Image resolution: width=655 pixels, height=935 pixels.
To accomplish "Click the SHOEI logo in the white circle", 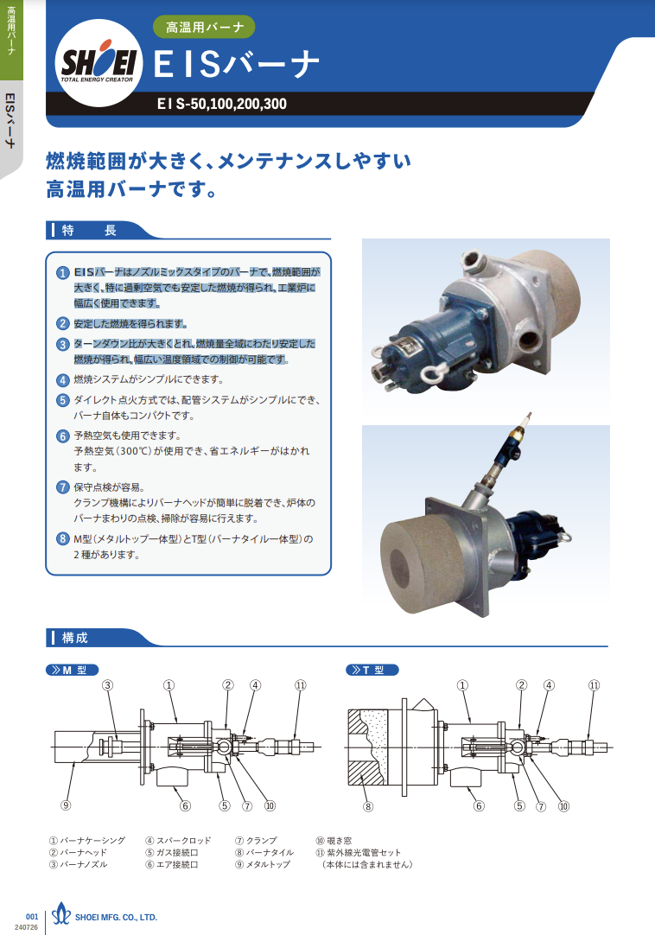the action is click(x=99, y=62).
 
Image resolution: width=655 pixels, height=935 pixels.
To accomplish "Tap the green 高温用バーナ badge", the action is click(x=204, y=27).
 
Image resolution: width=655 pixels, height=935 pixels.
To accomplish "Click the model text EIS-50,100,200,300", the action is click(x=222, y=104).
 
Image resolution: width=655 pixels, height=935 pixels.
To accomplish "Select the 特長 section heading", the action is click(x=89, y=230).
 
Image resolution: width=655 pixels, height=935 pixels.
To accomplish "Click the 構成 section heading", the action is click(x=74, y=638).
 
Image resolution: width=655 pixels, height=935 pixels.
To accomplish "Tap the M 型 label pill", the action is click(x=73, y=671).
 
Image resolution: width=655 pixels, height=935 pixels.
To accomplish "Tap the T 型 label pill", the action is click(x=372, y=671).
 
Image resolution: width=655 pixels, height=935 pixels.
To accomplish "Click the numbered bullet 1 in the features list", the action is click(x=63, y=272).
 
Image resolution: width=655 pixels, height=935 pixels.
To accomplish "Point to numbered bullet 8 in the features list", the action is click(x=63, y=539).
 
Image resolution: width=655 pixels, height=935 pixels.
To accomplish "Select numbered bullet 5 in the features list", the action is click(x=63, y=400).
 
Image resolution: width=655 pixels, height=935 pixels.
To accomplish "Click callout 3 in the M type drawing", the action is click(x=108, y=685).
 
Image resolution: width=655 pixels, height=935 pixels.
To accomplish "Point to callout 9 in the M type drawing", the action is click(x=66, y=805).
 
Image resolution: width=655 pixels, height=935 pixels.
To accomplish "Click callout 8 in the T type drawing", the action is click(x=368, y=806).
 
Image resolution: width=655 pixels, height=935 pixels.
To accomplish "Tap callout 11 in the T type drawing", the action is click(x=595, y=685).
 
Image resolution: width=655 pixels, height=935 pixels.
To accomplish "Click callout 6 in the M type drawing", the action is click(x=186, y=805).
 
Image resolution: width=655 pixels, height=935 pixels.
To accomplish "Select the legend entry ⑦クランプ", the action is click(x=256, y=841).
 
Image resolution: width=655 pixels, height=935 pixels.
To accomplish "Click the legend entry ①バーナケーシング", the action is click(x=87, y=841).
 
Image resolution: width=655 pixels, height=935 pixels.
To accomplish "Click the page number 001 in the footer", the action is click(x=32, y=917).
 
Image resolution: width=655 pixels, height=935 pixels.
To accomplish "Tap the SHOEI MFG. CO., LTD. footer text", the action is click(x=116, y=918).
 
